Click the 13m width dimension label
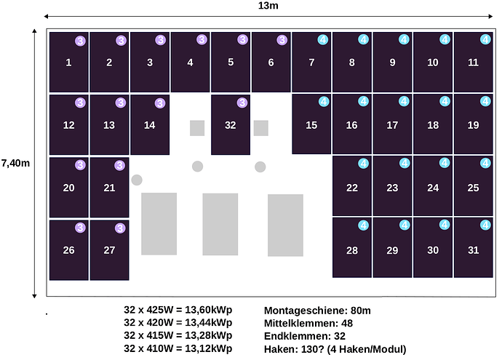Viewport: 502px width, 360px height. (268, 6)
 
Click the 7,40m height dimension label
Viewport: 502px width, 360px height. (15, 163)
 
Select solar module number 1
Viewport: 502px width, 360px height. (69, 62)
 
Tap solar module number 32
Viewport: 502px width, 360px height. (231, 125)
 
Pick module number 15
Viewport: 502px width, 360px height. (311, 124)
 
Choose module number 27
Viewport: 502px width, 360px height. (109, 250)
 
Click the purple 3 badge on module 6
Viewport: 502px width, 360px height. (282, 40)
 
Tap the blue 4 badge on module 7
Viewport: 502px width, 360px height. (323, 40)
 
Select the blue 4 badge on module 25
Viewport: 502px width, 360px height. (485, 163)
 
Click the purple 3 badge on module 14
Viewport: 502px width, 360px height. (160, 103)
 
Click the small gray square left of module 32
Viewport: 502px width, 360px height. (197, 128)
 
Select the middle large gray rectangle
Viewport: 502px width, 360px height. (220, 224)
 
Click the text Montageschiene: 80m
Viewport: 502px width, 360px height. (317, 311)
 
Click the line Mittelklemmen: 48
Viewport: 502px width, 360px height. (308, 323)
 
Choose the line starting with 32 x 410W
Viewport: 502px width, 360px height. (178, 348)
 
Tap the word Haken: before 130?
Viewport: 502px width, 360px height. (281, 349)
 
